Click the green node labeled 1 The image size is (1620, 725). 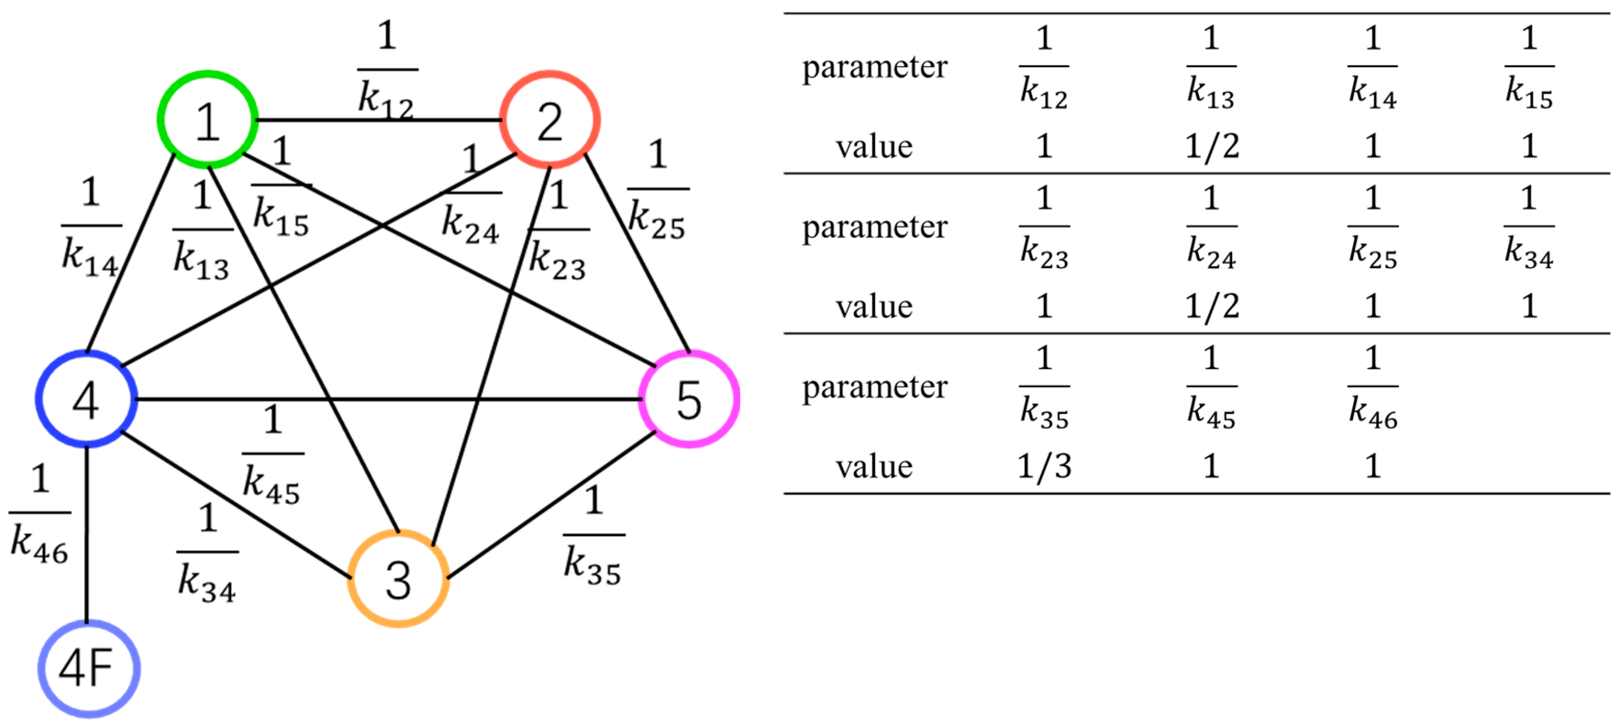pyautogui.click(x=207, y=120)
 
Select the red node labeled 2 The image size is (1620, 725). pyautogui.click(x=549, y=120)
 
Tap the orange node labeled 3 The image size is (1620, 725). pyautogui.click(x=398, y=579)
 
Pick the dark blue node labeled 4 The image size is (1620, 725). pyautogui.click(x=86, y=399)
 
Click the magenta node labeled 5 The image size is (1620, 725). pyautogui.click(x=689, y=399)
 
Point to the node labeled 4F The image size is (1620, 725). pyautogui.click(x=88, y=669)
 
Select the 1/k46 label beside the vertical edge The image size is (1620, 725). pyautogui.click(x=39, y=513)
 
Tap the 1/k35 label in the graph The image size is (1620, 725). pyautogui.click(x=593, y=536)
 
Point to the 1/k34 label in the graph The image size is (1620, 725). pyautogui.click(x=207, y=553)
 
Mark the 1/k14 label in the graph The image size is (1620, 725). pyautogui.click(x=90, y=227)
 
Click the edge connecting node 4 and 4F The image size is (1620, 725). pyautogui.click(x=87, y=535)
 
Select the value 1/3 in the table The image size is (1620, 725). pyautogui.click(x=1044, y=466)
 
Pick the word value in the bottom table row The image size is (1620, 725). pyautogui.click(x=874, y=466)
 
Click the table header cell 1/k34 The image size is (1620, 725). pyautogui.click(x=1529, y=227)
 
